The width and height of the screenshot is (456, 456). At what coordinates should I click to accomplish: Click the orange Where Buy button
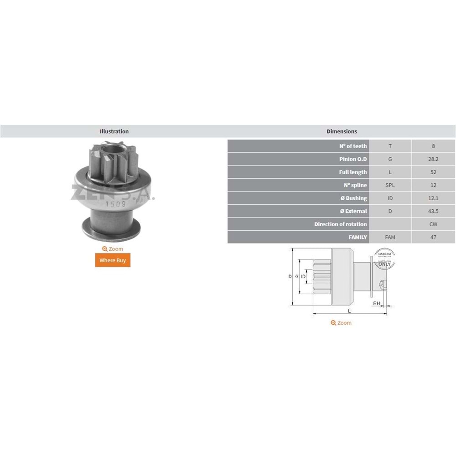(113, 260)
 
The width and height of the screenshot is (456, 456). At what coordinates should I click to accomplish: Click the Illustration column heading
(114, 131)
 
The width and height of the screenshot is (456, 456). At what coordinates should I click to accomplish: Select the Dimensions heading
(342, 131)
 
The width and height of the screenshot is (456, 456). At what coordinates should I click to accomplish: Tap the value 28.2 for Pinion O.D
(433, 159)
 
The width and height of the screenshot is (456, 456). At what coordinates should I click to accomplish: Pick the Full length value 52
(433, 172)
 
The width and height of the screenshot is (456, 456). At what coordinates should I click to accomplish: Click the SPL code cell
(390, 185)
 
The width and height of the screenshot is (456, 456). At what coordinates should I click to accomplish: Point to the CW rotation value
(433, 224)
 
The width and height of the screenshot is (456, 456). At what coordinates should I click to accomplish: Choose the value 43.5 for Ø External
(433, 211)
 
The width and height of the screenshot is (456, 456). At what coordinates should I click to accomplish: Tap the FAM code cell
(390, 237)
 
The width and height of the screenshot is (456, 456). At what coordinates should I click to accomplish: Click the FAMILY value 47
(433, 237)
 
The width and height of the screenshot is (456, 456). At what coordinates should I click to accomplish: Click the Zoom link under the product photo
(113, 249)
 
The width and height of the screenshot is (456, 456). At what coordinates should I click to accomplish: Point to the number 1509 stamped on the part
(113, 204)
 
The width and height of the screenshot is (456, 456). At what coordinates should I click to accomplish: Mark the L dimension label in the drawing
(349, 311)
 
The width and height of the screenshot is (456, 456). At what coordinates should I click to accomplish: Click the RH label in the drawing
(377, 303)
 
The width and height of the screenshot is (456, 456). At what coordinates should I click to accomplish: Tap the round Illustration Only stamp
(384, 259)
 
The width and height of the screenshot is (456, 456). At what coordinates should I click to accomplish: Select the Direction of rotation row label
(340, 224)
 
